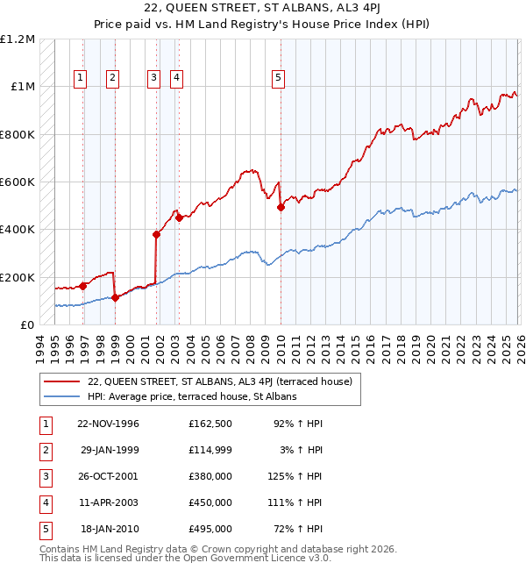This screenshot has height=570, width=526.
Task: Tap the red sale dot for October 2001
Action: pos(156,234)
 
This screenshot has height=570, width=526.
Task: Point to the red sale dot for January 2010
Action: pos(281,208)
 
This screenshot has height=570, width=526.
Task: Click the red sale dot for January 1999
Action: pos(115,297)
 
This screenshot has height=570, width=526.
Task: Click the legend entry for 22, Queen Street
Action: pos(219,381)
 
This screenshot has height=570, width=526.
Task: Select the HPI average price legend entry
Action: pos(192,396)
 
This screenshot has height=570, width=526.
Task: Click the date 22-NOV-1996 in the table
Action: pos(107,424)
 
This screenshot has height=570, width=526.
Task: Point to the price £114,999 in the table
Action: pos(210,450)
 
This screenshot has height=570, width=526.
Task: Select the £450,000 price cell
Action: pos(210,502)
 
